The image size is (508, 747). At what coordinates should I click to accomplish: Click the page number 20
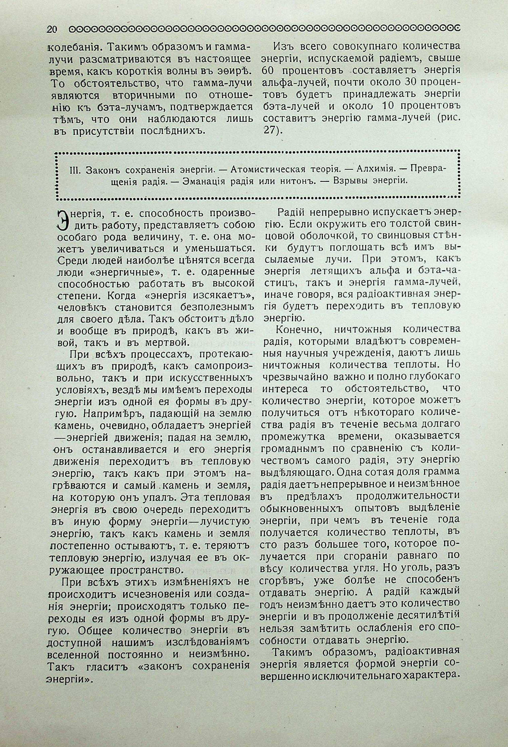coord(52,30)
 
